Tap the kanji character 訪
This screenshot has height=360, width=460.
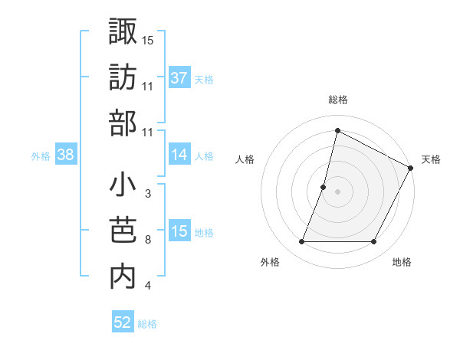tap(123, 77)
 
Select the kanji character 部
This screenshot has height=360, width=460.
tap(123, 123)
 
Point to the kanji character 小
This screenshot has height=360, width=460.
tap(123, 185)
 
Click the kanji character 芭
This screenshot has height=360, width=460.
tap(123, 231)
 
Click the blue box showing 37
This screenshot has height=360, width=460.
tap(179, 78)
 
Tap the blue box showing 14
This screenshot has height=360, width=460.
tap(179, 155)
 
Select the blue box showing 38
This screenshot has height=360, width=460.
tap(65, 155)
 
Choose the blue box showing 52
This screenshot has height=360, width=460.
tap(123, 322)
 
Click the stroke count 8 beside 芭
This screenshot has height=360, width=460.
tap(147, 241)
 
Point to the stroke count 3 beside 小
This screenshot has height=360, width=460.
tap(147, 194)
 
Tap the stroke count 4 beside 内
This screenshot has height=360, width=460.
tap(147, 286)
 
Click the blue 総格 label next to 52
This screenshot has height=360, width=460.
tap(147, 324)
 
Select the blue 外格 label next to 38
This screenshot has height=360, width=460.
tap(41, 156)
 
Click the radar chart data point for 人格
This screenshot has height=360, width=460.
tap(324, 187)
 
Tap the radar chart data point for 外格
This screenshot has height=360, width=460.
tap(301, 242)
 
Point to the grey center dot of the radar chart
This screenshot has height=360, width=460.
tap(337, 191)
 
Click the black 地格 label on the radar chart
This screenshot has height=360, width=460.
tap(402, 263)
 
